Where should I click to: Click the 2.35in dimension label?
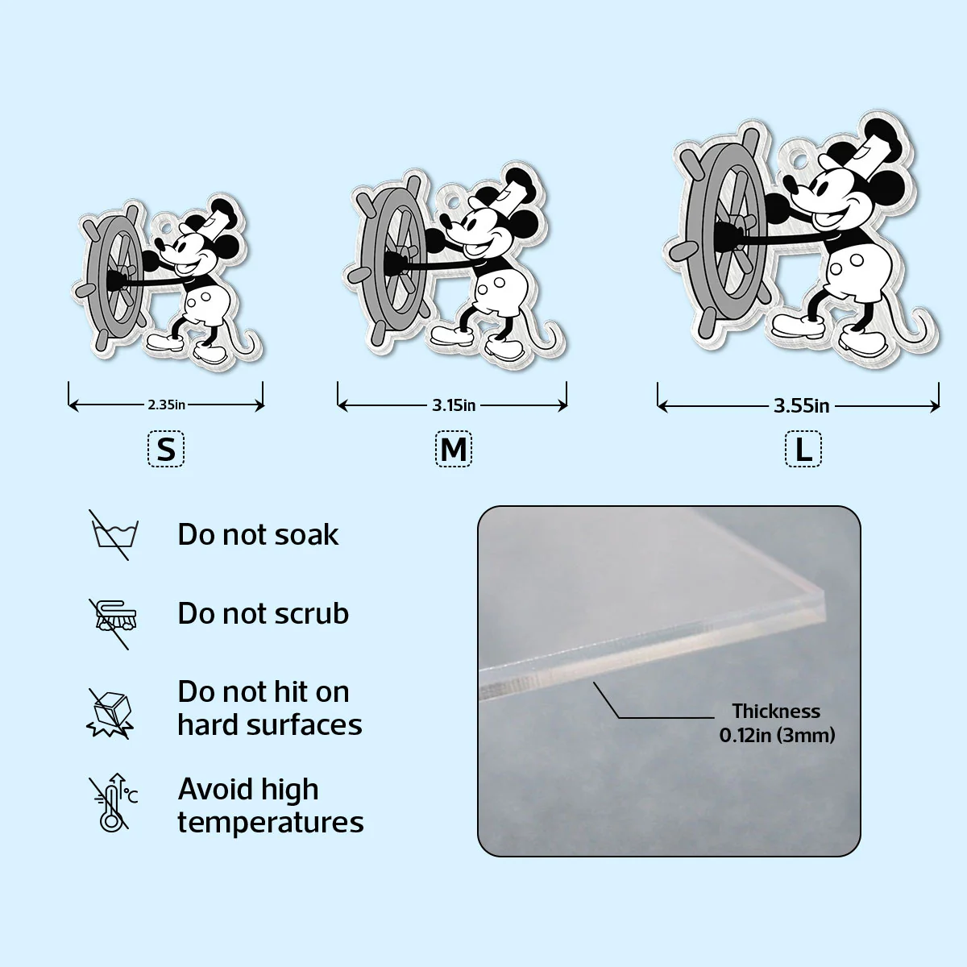[x=166, y=405]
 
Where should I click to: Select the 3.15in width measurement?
[x=454, y=405]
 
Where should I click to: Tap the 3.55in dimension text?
[x=801, y=405]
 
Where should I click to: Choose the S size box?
[x=166, y=449]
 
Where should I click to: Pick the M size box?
[x=454, y=449]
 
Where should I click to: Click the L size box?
[x=803, y=449]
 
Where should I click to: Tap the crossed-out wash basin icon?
[x=114, y=535]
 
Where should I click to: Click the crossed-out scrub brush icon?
[x=113, y=624]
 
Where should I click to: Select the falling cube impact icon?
[x=111, y=713]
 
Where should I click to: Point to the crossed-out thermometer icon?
[x=112, y=803]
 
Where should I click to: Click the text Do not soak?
[x=258, y=534]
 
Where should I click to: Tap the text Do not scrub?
[x=263, y=613]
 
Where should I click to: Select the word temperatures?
[x=271, y=823]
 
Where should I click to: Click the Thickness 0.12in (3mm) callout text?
[x=777, y=723]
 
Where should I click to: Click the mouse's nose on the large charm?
[x=791, y=186]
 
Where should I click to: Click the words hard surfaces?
[x=270, y=725]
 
